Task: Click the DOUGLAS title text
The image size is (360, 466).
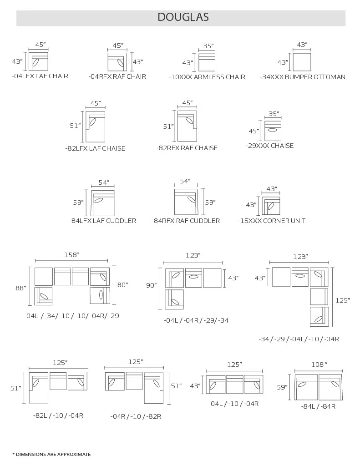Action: point(183,17)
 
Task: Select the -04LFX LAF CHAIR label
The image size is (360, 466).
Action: point(40,76)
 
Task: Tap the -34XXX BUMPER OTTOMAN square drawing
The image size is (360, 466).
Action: point(302,61)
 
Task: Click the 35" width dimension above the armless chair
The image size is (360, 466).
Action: point(208,46)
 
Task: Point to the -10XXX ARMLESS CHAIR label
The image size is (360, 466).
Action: point(207,77)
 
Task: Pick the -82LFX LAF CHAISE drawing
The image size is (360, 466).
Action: point(95,127)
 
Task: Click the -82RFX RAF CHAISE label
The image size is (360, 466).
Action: point(187,148)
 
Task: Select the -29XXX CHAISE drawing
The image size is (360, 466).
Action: point(273,131)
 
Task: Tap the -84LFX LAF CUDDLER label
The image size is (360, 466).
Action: point(102,221)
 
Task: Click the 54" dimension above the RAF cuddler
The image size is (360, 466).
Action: point(185,181)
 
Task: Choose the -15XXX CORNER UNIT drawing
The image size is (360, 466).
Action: point(271,205)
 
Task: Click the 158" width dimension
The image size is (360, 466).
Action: point(71,256)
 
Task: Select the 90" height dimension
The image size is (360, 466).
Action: point(151,285)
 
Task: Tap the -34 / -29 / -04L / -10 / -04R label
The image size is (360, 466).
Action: point(299,339)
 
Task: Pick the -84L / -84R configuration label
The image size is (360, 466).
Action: point(318,406)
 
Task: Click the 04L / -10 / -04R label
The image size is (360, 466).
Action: point(234,404)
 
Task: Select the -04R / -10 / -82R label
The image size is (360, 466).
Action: point(136,416)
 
